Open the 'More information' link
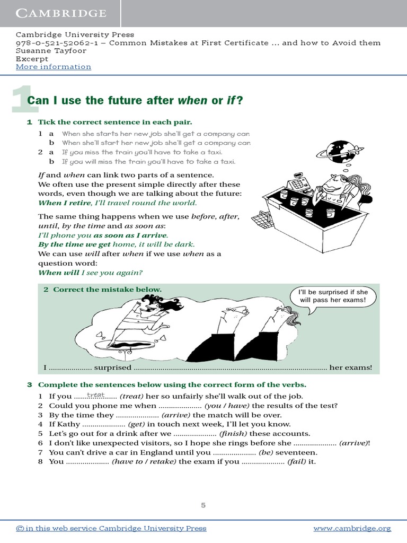click(x=54, y=67)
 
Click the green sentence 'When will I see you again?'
click(x=91, y=273)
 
